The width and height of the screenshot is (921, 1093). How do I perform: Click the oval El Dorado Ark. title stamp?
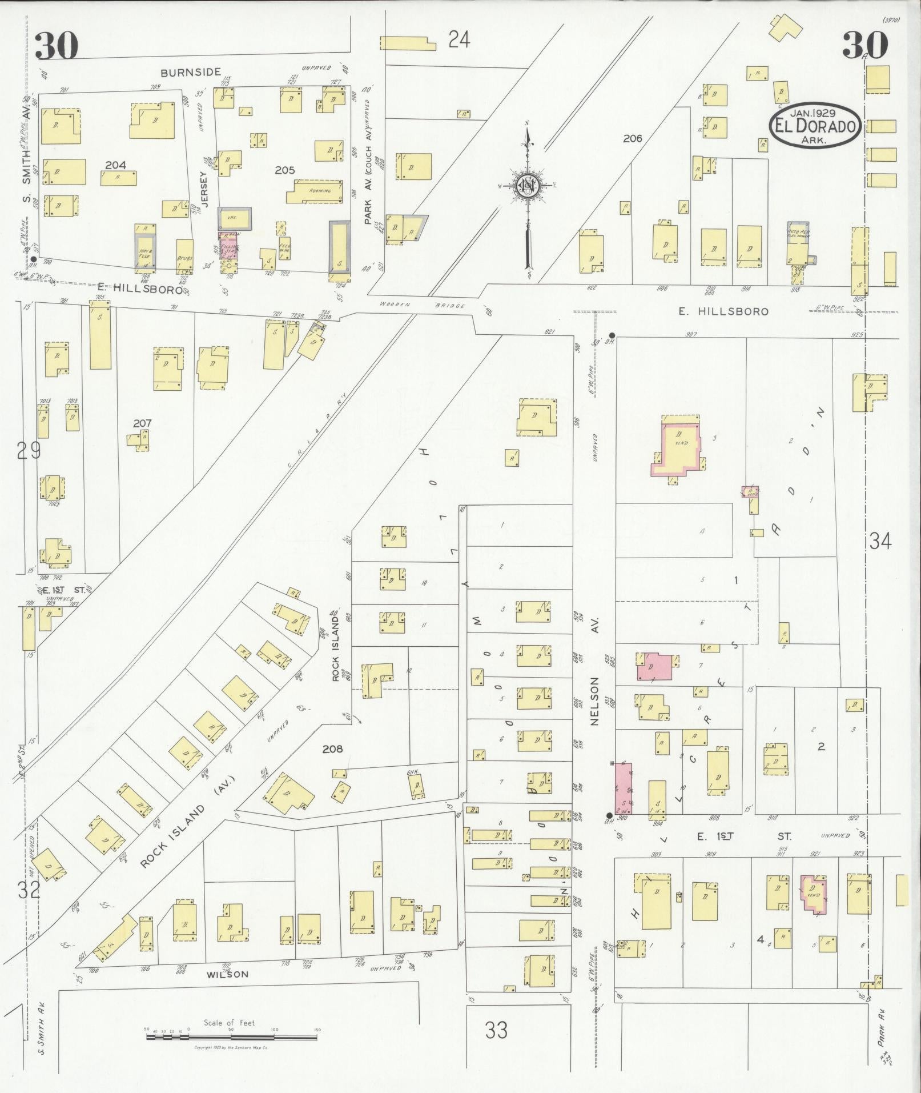(x=815, y=125)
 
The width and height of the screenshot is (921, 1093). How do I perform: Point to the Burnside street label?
(x=190, y=73)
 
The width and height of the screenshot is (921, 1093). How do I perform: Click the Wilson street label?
(x=227, y=974)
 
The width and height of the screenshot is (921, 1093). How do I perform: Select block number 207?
(x=142, y=423)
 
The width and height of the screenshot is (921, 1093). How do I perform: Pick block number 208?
(x=332, y=748)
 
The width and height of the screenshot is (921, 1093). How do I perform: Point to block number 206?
(x=633, y=138)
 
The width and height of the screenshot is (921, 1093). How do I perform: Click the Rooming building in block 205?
(x=318, y=192)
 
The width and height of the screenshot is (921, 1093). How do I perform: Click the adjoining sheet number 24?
(x=459, y=40)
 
